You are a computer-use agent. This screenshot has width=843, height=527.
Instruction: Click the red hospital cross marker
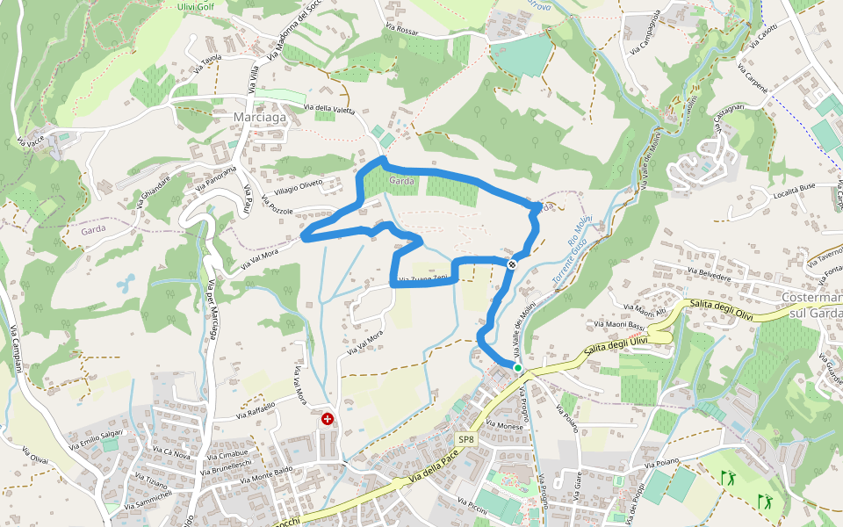(x=328, y=419)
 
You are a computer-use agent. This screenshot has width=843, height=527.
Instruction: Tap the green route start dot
(x=518, y=368)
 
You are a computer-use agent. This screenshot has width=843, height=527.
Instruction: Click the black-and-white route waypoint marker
(x=512, y=263)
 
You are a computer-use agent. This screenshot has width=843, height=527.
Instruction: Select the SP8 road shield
(x=465, y=439)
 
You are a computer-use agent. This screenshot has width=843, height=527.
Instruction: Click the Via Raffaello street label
(x=255, y=411)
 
